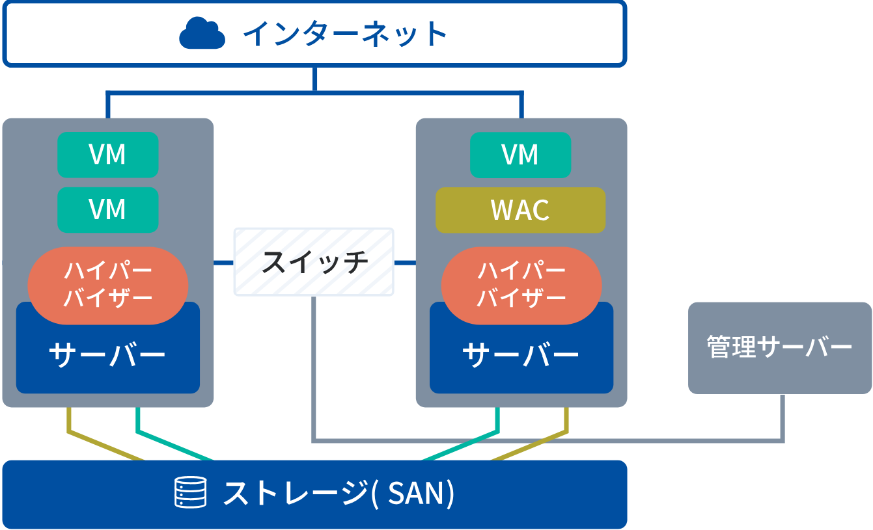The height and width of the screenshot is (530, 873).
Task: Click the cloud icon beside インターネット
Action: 202,34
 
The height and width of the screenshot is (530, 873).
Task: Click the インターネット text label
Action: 345,34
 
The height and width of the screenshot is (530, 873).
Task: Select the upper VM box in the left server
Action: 108,155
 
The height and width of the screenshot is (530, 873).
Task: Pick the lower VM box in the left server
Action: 108,209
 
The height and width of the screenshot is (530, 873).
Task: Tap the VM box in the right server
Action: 520,155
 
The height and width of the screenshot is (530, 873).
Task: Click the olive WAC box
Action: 520,210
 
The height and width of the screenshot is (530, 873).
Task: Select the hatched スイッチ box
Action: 314,261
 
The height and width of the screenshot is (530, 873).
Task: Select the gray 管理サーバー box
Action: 779,347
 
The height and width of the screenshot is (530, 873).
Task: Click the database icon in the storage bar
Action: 191,492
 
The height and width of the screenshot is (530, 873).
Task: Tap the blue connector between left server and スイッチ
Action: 223,263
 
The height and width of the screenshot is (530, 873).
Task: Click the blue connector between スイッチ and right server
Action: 405,263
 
